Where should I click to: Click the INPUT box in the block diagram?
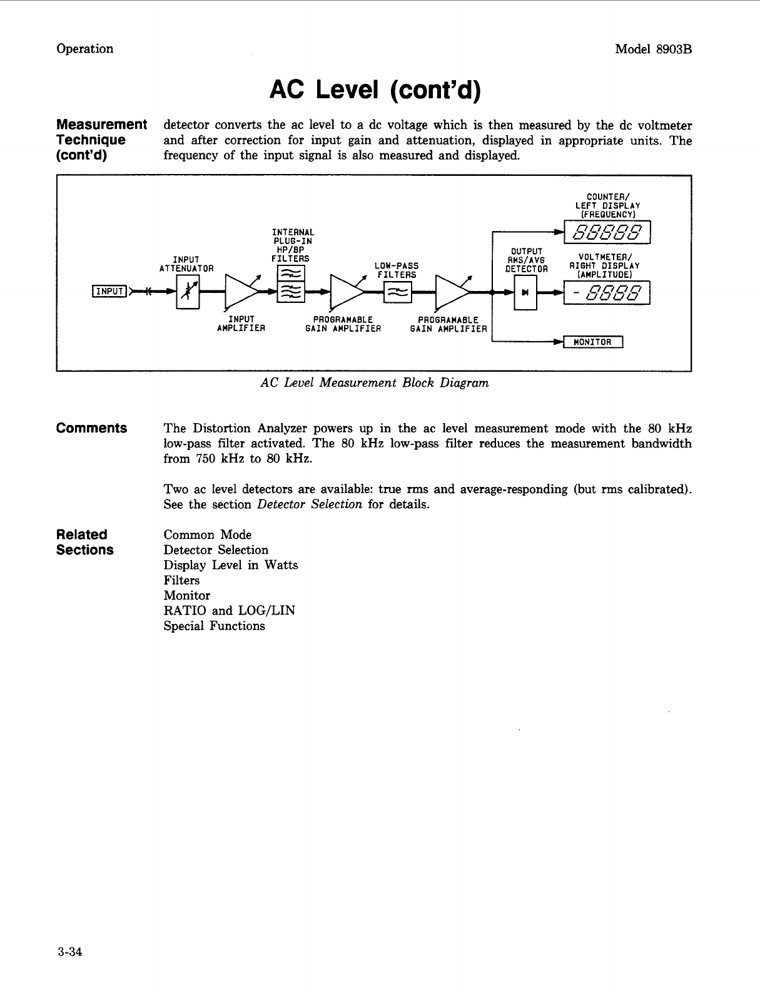[x=109, y=290]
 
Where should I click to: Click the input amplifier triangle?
[x=239, y=290]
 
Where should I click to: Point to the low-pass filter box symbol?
[x=397, y=292]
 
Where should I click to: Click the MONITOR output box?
[x=592, y=342]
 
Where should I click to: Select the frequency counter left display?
[x=607, y=232]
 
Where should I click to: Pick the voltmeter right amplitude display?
[x=607, y=293]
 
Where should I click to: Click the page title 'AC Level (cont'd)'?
[x=375, y=91]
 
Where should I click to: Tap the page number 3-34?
[x=69, y=952]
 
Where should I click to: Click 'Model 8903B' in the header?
[x=653, y=49]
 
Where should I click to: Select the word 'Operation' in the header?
[x=85, y=49]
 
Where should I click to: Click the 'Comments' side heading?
[x=91, y=428]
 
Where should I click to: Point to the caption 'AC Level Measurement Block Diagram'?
[x=374, y=382]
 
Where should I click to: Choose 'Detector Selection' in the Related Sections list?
[x=216, y=550]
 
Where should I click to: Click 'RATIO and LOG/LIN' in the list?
[x=229, y=610]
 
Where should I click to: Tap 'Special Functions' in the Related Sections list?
[x=214, y=626]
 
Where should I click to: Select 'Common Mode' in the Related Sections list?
[x=208, y=534]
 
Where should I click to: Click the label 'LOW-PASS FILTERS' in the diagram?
[x=397, y=270]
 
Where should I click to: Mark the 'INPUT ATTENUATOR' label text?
[x=186, y=264]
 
